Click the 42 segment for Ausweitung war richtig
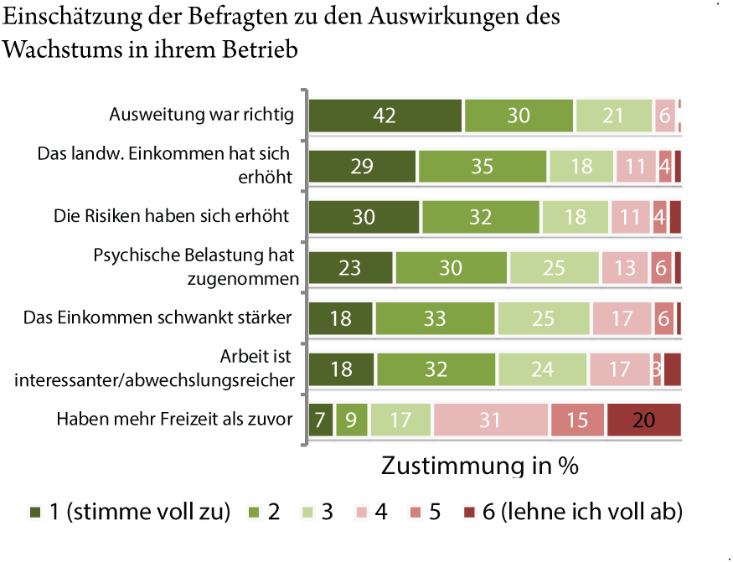tap(385, 116)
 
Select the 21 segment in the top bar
tap(613, 116)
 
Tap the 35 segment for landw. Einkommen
tap(482, 167)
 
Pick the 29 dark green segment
tap(362, 167)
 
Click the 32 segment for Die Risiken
tap(481, 217)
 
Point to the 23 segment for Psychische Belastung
tap(351, 268)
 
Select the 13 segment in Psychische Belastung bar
tap(624, 268)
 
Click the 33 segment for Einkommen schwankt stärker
tap(436, 318)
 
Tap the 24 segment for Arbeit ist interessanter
tap(543, 369)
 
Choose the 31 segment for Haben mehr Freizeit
tap(490, 420)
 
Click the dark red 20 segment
tap(643, 420)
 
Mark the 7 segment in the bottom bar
tap(320, 420)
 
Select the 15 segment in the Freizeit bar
tap(577, 420)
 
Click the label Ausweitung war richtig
tap(202, 115)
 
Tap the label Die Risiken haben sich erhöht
tap(171, 216)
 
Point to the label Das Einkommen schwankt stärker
tap(157, 317)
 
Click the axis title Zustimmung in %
tap(480, 466)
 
